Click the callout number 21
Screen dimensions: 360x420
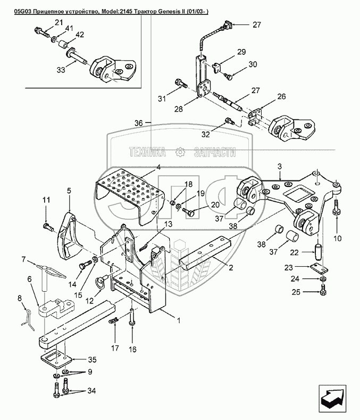point(58,22)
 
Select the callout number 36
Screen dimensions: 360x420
point(138,123)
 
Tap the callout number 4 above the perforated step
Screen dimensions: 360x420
point(158,167)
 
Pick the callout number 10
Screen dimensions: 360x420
point(338,238)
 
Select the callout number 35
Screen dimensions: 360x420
point(92,359)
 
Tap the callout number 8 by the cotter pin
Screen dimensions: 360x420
point(19,298)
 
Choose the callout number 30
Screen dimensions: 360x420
point(253,64)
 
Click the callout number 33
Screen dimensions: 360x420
point(61,70)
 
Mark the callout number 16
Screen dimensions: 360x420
point(132,349)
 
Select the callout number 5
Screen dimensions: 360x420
point(69,191)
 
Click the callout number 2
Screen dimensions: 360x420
point(231,267)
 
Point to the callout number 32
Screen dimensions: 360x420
point(206,134)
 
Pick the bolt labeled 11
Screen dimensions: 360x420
point(48,227)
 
